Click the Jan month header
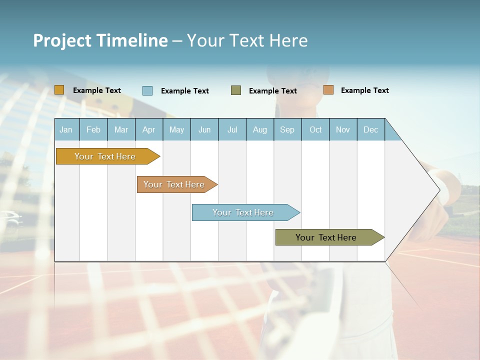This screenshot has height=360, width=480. point(66,129)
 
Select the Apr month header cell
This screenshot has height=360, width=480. point(148,129)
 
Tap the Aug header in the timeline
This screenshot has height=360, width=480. point(259,129)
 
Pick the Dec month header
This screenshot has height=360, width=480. point(370,129)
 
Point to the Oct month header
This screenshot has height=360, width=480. point(315,129)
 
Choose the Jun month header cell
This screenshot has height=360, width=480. point(204,129)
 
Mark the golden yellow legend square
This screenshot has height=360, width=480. point(59,90)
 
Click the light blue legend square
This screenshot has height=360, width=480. point(147,90)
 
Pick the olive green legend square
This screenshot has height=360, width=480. point(235,90)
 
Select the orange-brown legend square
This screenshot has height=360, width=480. point(328,90)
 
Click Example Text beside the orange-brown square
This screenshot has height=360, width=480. point(364,90)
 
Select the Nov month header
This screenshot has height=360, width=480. point(342,129)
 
